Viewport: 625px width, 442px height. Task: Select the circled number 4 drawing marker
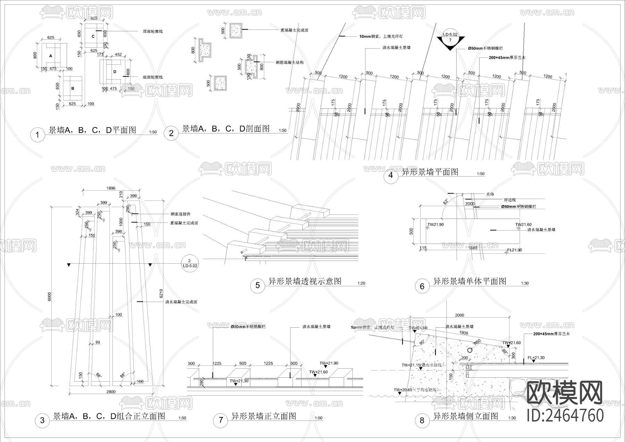point(391,175)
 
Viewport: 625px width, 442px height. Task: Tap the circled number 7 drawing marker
point(221,420)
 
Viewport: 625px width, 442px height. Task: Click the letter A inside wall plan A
point(51,56)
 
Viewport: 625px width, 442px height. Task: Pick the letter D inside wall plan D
point(115,72)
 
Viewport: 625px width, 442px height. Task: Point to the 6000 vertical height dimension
point(49,296)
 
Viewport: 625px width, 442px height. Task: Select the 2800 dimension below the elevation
point(111,392)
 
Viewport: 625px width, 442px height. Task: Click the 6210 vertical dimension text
point(161,294)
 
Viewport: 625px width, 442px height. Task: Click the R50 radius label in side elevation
point(478,341)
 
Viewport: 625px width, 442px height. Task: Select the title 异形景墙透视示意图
point(305,281)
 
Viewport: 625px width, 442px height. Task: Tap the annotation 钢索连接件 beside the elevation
point(181,214)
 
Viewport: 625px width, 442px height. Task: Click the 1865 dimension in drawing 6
point(473,248)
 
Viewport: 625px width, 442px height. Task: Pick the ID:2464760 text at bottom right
point(565,416)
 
